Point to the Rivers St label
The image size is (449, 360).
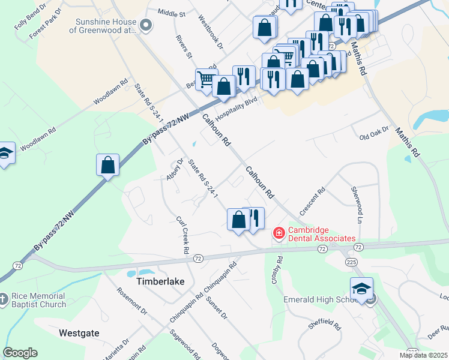pos(184,47)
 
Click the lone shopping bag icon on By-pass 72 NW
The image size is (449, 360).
pos(108,164)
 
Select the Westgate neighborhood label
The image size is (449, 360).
pos(79,332)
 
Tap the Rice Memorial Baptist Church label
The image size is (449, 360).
pos(39,300)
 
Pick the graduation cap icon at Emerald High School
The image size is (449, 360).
pos(361,288)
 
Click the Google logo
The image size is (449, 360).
pos(20,353)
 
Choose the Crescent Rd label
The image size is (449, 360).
pos(316,197)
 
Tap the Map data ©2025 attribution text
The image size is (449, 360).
pos(423,355)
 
